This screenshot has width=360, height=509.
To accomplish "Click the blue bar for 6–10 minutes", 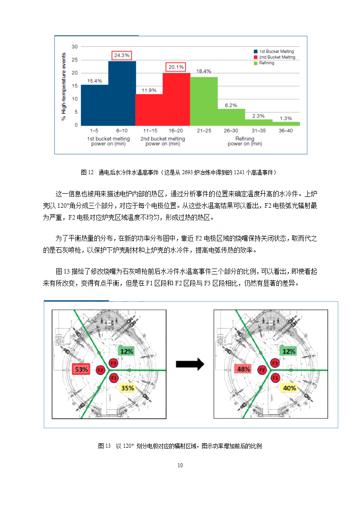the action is pyautogui.click(x=122, y=93).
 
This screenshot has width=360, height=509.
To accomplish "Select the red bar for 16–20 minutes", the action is pyautogui.click(x=176, y=99).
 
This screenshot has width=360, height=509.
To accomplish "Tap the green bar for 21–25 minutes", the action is pyautogui.click(x=204, y=101).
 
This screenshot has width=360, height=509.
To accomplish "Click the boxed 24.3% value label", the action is pyautogui.click(x=122, y=55).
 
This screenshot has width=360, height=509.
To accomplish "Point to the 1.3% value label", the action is pyautogui.click(x=286, y=118).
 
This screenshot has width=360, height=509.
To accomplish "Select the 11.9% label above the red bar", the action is pyautogui.click(x=149, y=90).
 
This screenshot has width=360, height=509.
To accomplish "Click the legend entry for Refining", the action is pyautogui.click(x=264, y=63).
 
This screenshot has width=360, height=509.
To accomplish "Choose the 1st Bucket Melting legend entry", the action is pyautogui.click(x=274, y=51).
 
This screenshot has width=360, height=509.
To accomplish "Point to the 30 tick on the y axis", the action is pyautogui.click(x=75, y=47).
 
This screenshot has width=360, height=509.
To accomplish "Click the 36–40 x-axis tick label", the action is pyautogui.click(x=286, y=131).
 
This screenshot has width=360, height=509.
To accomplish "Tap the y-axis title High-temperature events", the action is pyautogui.click(x=64, y=87).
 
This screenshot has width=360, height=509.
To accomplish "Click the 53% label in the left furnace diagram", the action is pyautogui.click(x=81, y=369).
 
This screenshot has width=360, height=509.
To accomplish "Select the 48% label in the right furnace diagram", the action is pyautogui.click(x=243, y=369).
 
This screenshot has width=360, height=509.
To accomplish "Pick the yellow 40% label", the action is pyautogui.click(x=289, y=388).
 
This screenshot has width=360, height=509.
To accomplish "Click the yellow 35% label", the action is pyautogui.click(x=128, y=388).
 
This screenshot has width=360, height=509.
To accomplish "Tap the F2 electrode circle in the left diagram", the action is pyautogui.click(x=100, y=370).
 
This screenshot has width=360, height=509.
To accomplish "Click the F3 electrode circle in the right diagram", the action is pyautogui.click(x=275, y=363).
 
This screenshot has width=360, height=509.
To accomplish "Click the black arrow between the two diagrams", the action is pyautogui.click(x=190, y=364).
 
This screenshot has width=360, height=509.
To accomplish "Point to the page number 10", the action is pyautogui.click(x=180, y=465).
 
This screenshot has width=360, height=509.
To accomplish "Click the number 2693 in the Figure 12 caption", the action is pyautogui.click(x=187, y=172).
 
